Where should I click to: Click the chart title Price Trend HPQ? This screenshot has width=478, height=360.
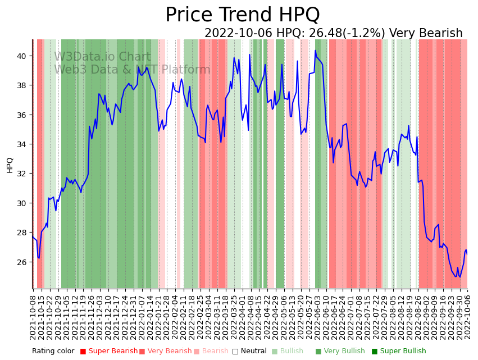(242, 15)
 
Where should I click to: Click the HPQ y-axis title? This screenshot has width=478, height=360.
(10, 165)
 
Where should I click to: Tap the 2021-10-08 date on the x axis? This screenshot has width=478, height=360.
(33, 315)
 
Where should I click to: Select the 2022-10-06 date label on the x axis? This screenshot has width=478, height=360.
(467, 315)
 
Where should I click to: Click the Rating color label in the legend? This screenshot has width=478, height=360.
(53, 352)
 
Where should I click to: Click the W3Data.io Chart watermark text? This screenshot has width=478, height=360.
(102, 57)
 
